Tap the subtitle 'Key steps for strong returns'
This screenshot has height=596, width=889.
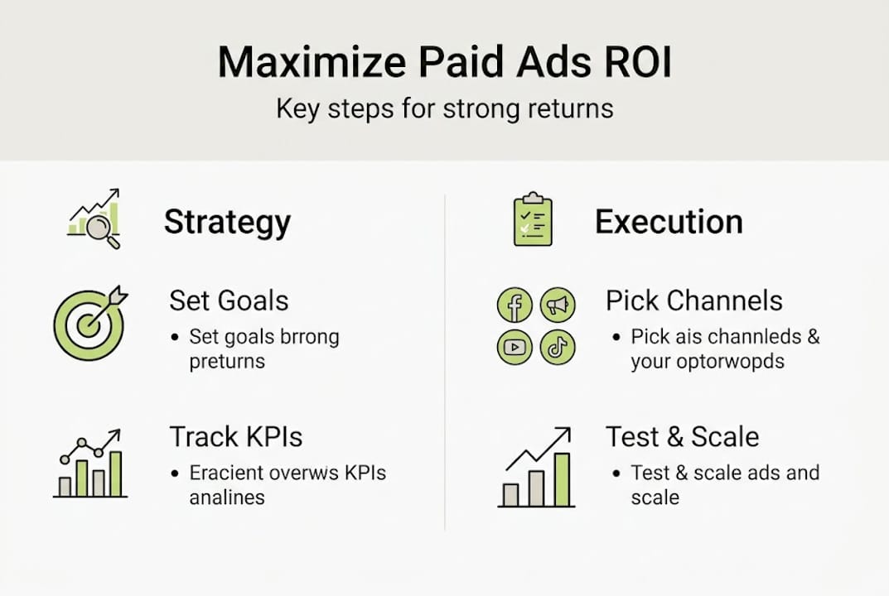[444, 109]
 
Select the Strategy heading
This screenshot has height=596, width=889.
[227, 222]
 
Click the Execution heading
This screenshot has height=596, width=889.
[669, 222]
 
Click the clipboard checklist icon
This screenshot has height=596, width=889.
[533, 219]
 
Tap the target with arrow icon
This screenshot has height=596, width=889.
[89, 323]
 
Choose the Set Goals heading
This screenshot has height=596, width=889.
[229, 300]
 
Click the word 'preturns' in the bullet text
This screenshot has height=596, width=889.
[226, 362]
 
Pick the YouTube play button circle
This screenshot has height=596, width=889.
[514, 348]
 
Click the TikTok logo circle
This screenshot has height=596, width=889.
[558, 348]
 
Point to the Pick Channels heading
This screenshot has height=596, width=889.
[693, 300]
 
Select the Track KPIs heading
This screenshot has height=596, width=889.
[235, 436]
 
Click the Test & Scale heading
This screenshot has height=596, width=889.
[682, 436]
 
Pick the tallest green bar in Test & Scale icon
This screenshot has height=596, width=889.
[563, 479]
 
